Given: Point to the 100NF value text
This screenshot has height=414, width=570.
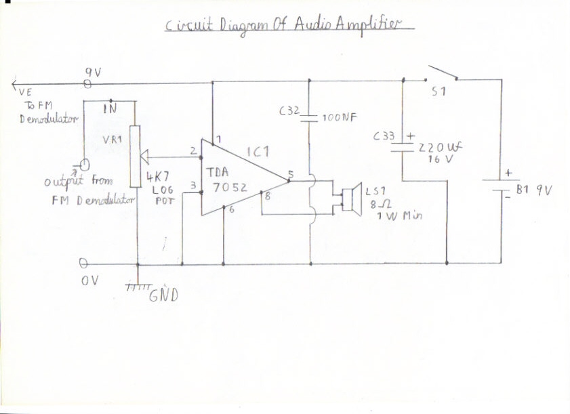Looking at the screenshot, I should pos(338,117).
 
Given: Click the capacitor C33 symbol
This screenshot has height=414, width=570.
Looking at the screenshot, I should pos(403,147).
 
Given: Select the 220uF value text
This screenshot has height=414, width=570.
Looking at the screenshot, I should pos(440,148).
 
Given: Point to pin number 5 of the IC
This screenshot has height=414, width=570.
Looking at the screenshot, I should pos(289,175).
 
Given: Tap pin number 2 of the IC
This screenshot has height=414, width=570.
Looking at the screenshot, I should pos(192,150).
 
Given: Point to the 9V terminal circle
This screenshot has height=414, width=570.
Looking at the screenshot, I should pos(87,83).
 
